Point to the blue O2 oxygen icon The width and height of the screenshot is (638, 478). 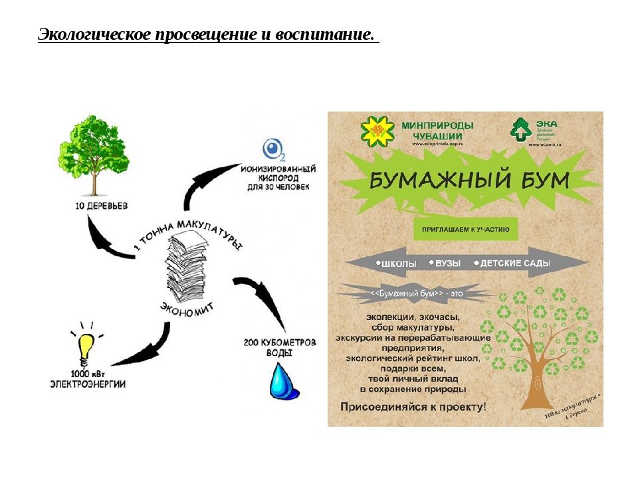point(273,149)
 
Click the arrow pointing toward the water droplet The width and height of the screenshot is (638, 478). point(263,302)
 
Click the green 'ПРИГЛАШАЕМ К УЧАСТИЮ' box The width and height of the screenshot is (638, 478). point(465,230)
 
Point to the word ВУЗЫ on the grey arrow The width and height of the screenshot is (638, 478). point(447,264)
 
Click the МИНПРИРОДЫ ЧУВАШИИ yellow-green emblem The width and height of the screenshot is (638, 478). point(377,130)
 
